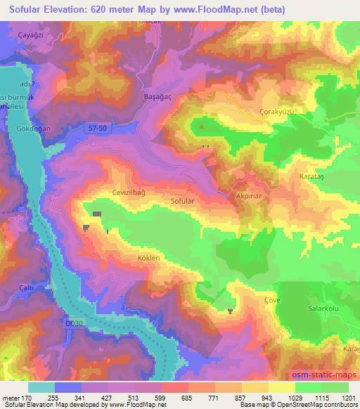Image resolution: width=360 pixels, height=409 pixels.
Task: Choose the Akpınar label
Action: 250,199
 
